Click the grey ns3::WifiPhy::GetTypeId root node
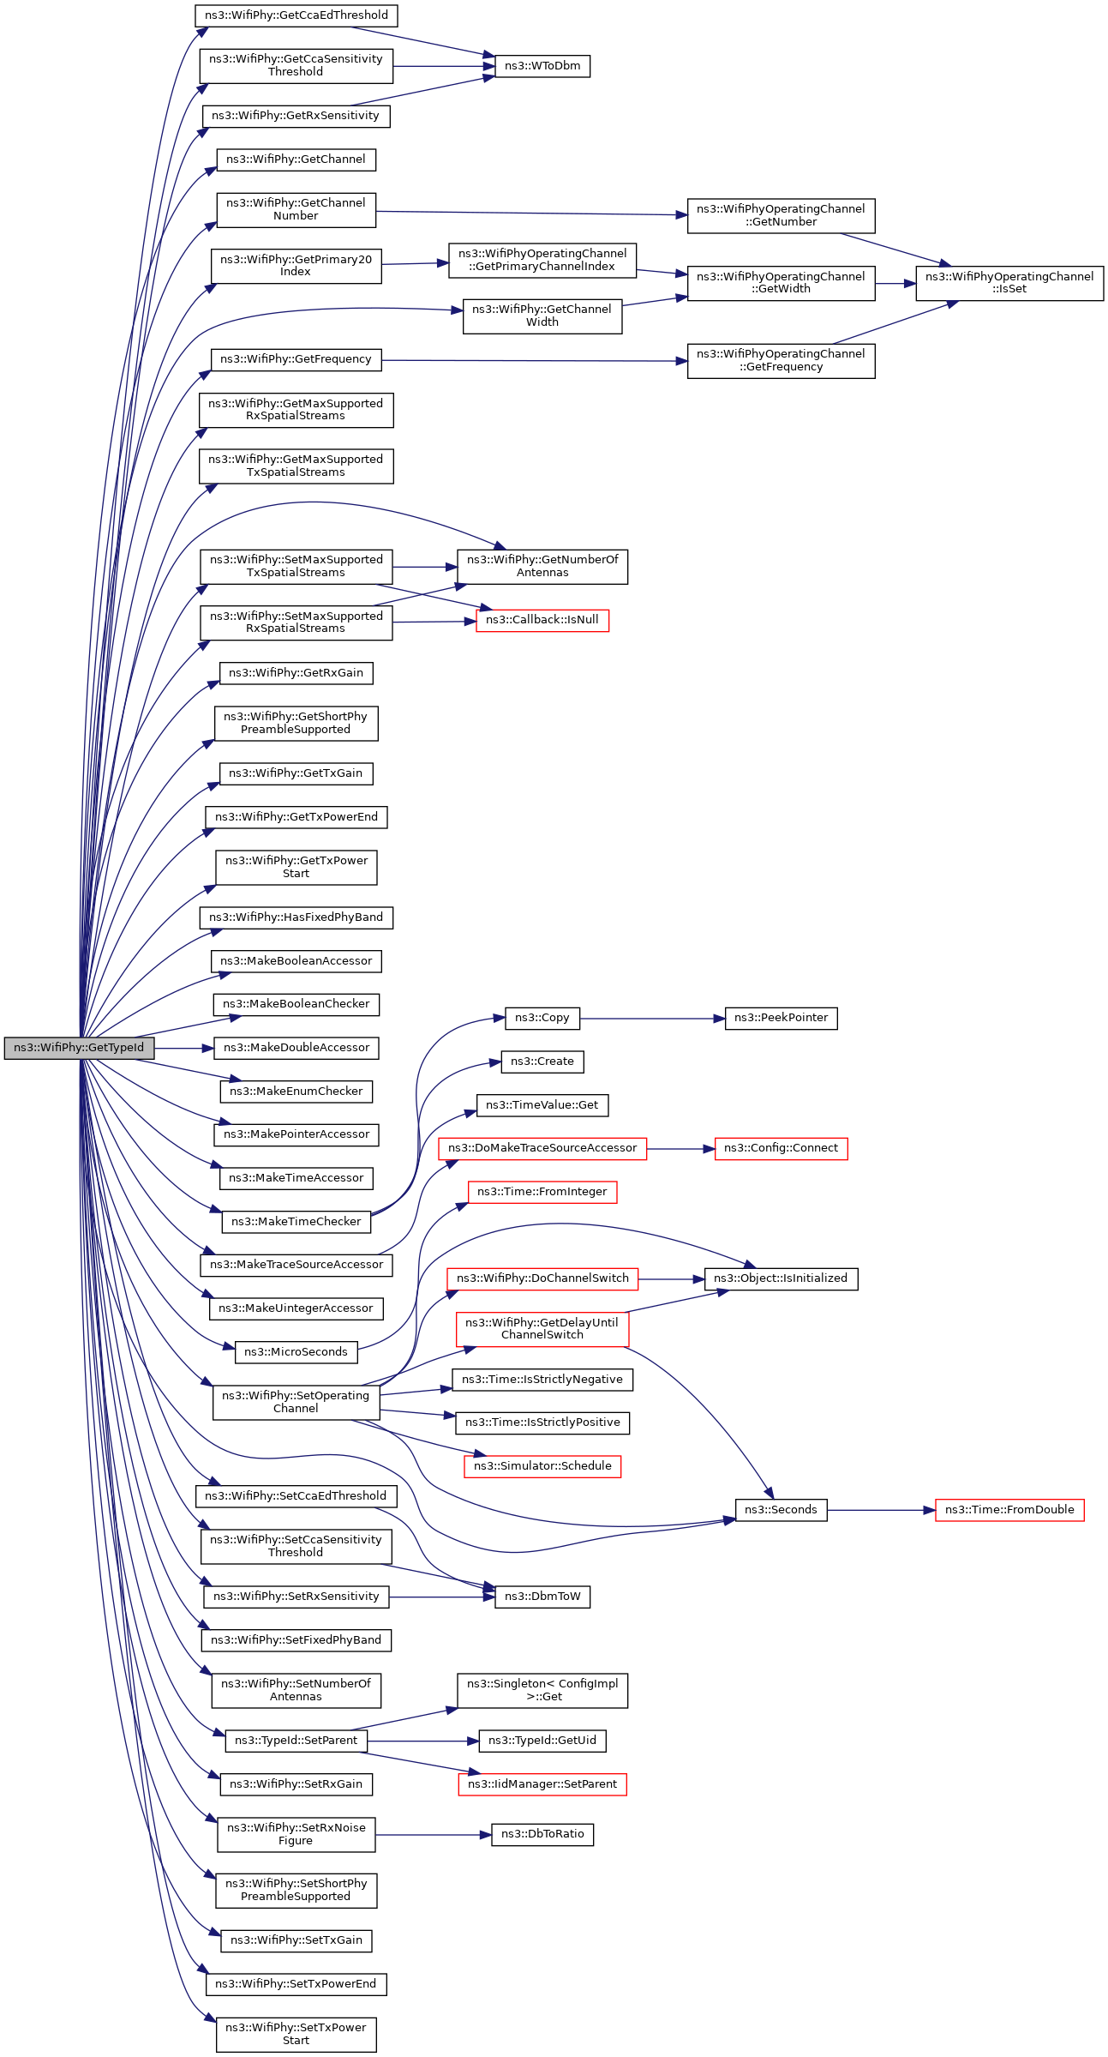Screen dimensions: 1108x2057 click(79, 1048)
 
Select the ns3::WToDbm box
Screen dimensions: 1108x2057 click(542, 66)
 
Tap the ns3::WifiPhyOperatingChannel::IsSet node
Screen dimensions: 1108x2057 click(1009, 283)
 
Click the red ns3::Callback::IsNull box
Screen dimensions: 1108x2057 click(542, 620)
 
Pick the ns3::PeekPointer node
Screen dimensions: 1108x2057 click(781, 1018)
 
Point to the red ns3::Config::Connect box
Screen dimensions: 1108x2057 click(781, 1148)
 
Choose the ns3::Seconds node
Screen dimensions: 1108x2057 click(781, 1510)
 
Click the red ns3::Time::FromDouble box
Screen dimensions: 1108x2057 click(1009, 1510)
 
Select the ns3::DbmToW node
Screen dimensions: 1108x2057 click(542, 1597)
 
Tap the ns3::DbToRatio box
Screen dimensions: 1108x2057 click(542, 1834)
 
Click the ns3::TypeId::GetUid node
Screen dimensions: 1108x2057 click(542, 1741)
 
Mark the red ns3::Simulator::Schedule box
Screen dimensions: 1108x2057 click(542, 1466)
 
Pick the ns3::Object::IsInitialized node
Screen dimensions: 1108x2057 click(781, 1278)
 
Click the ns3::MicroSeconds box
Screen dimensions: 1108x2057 click(296, 1352)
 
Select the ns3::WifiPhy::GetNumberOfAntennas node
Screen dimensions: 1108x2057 click(542, 567)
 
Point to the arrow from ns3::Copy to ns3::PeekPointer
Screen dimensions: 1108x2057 click(652, 1019)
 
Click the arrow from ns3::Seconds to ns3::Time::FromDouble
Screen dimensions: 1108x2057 click(881, 1510)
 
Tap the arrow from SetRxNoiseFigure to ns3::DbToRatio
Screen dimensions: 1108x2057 click(434, 1835)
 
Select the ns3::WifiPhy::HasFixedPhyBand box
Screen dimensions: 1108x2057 click(296, 917)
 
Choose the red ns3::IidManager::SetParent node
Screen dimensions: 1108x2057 click(542, 1784)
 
